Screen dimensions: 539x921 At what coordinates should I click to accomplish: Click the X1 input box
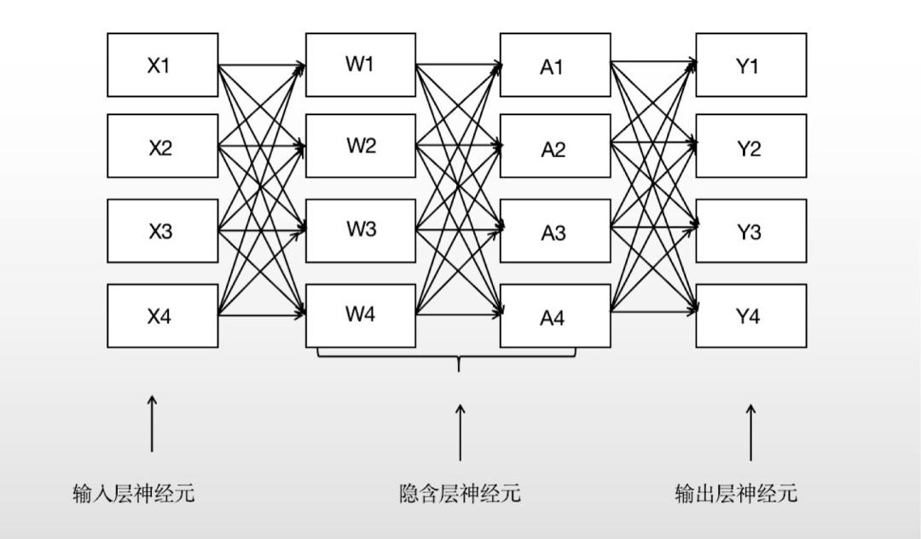pos(162,65)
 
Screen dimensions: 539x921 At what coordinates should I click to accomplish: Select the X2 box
pos(162,146)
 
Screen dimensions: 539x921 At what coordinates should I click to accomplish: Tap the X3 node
pos(162,230)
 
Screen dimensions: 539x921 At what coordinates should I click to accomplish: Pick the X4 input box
pos(162,316)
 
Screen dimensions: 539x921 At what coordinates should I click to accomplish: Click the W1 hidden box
pos(361,65)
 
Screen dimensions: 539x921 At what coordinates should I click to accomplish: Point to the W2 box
pos(361,146)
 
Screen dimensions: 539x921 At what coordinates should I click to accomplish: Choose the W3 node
pos(361,230)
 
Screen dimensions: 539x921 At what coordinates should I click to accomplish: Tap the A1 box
pos(555,65)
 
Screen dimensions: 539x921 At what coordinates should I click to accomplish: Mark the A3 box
pos(555,230)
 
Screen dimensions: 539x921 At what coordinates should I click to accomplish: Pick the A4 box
pos(555,316)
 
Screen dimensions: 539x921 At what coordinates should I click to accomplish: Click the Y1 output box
pos(750,65)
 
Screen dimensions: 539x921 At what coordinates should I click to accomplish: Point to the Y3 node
pos(750,230)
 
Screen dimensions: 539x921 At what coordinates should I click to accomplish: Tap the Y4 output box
pos(750,316)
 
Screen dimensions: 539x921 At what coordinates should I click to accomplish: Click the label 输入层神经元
pos(134,493)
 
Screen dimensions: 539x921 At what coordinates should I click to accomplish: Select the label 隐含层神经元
pos(460,493)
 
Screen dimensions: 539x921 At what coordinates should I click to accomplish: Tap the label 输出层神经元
pos(736,493)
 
